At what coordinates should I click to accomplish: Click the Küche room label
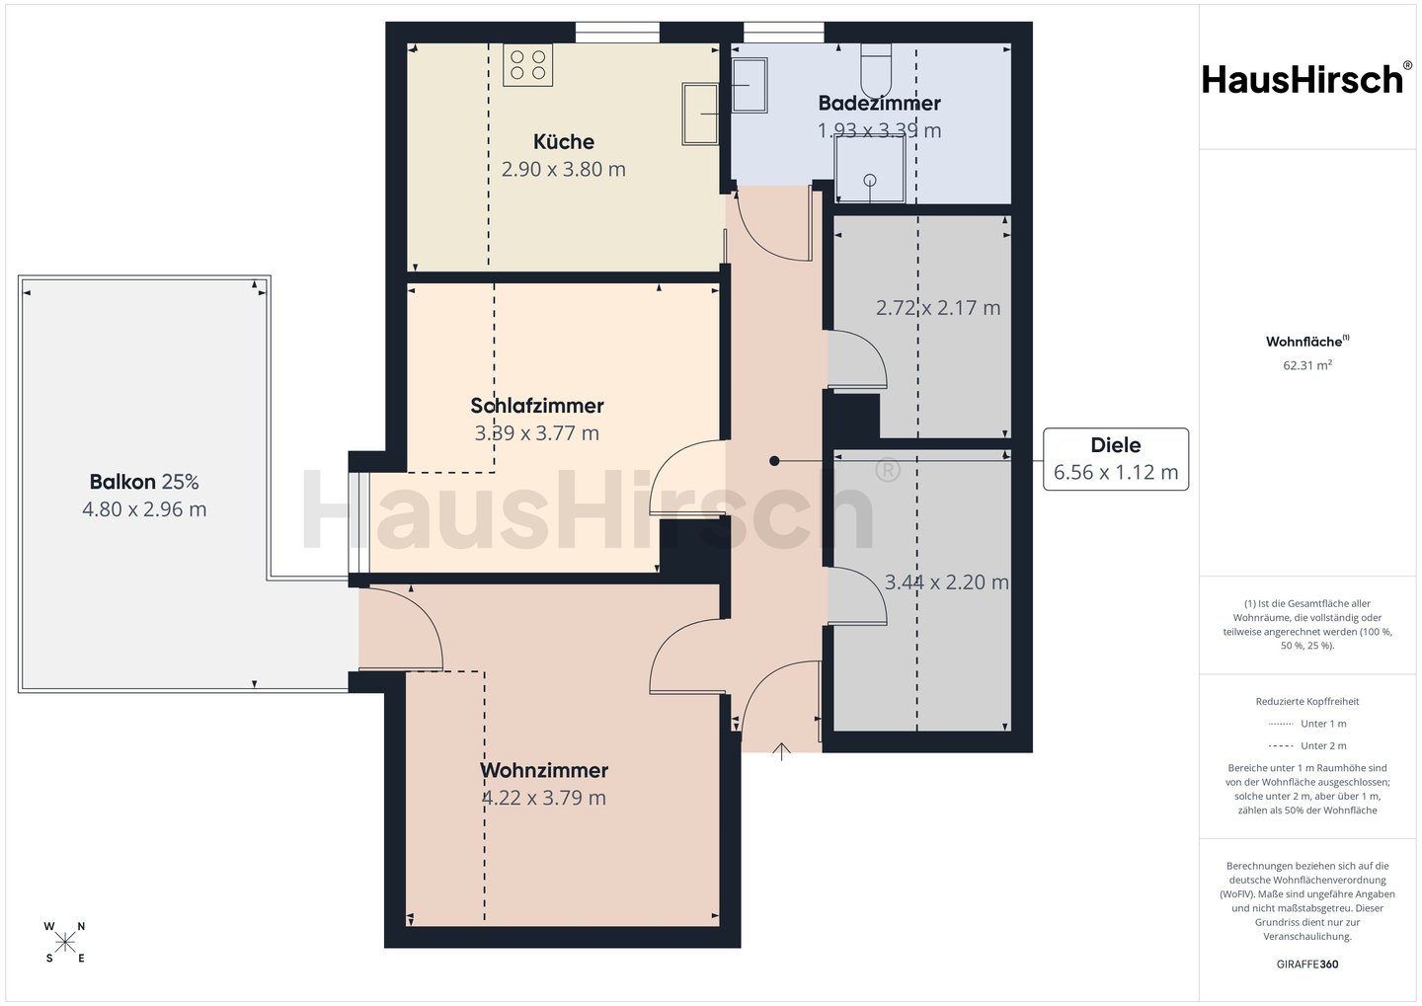pos(564,141)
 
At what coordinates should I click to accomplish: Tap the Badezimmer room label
pos(879,103)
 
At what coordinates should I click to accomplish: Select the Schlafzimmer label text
pos(537,406)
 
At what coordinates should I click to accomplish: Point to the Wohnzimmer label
pos(544,770)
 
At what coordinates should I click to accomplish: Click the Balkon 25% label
pos(144,483)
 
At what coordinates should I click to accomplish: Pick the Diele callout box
pos(1116,459)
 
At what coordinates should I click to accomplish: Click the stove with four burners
pos(527,65)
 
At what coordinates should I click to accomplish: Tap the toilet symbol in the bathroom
pos(876,70)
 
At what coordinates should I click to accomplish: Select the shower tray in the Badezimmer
pos(870,170)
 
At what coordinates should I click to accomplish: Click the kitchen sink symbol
pos(700,114)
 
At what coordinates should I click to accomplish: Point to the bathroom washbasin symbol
pos(750,85)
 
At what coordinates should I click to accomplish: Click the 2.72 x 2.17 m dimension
pos(938,308)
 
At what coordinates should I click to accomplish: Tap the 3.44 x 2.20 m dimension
pos(946,582)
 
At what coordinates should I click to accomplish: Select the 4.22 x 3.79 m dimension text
pos(544,798)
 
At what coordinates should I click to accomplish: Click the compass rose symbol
pos(65,943)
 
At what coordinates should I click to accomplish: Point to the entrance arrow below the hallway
pos(781,751)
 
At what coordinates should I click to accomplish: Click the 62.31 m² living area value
pos(1307,365)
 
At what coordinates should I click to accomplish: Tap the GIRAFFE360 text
pos(1307,965)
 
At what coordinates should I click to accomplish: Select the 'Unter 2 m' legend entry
pos(1307,745)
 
